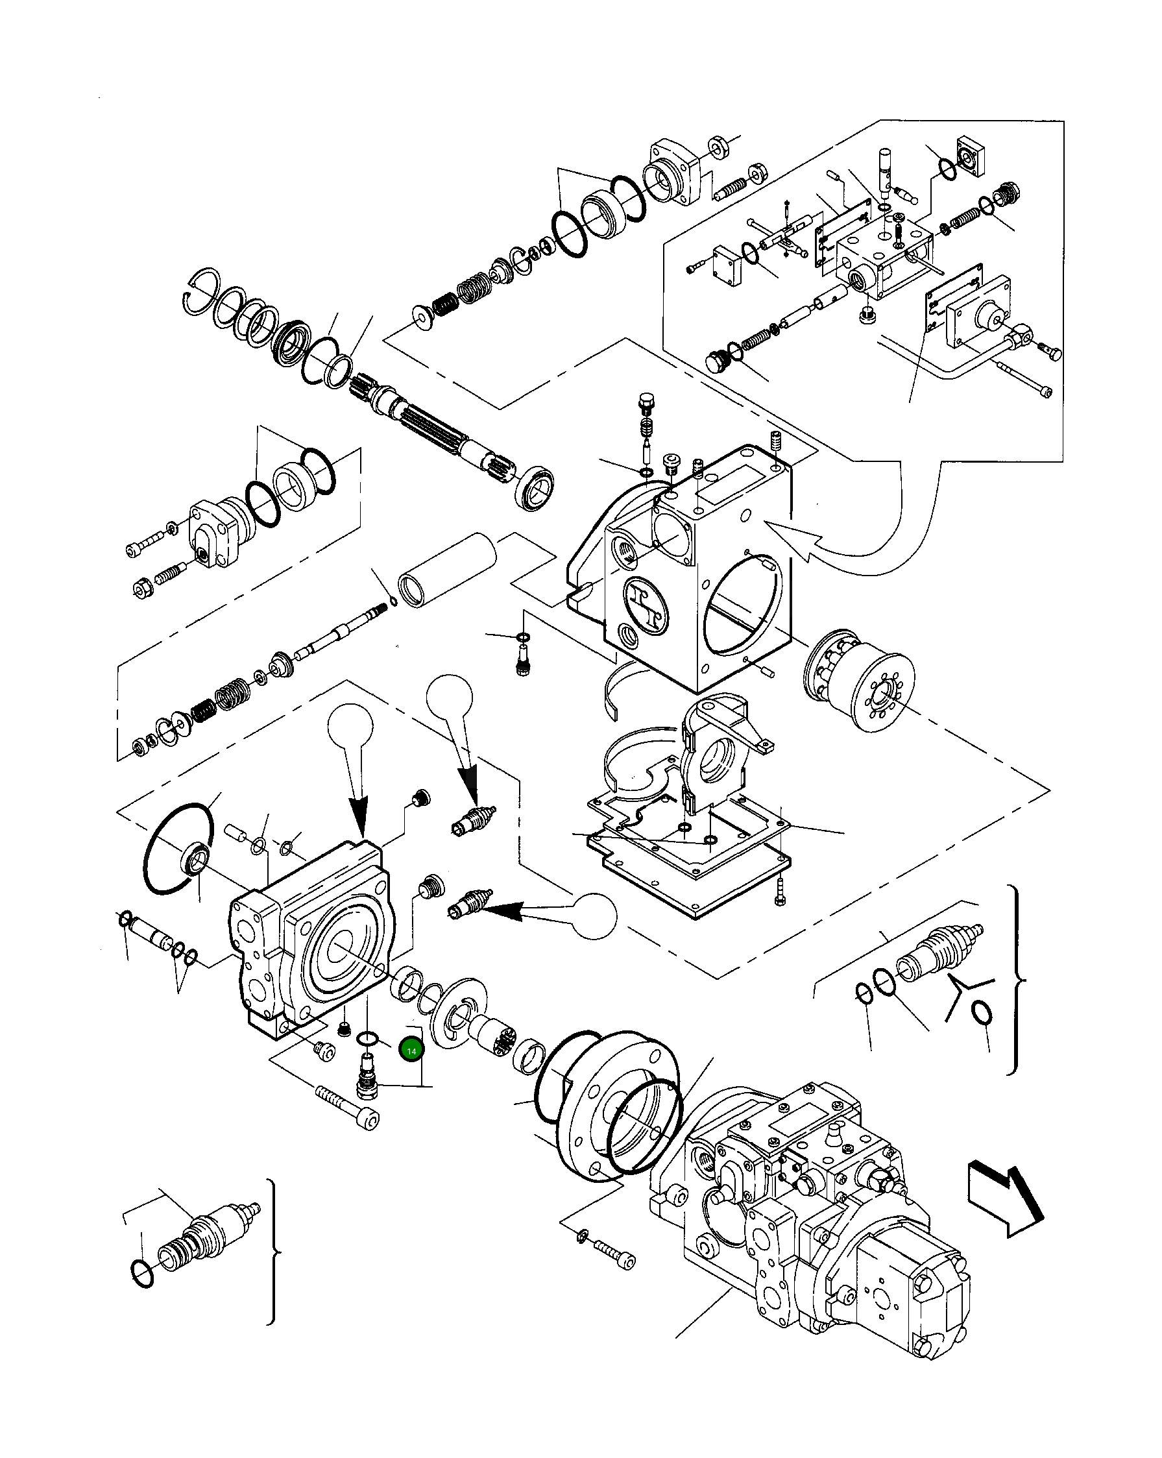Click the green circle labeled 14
click(x=411, y=1051)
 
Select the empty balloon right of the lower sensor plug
click(x=594, y=916)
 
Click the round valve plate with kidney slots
click(x=458, y=1022)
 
